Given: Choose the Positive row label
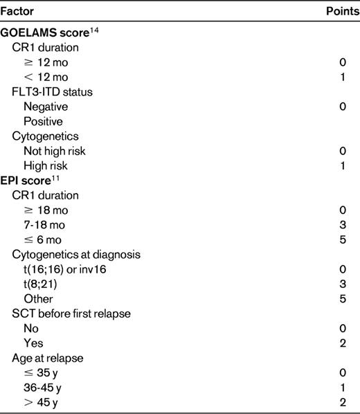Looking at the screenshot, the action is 42,120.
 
